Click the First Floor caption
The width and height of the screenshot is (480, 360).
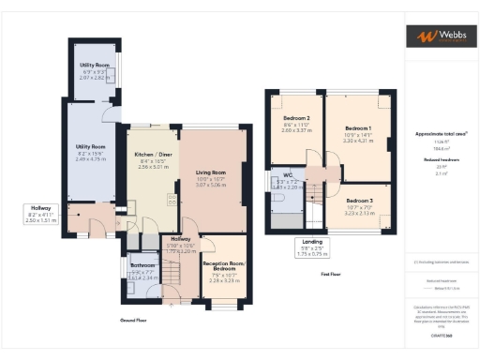tap(330, 275)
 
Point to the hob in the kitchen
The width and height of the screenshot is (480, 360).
tap(171, 200)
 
